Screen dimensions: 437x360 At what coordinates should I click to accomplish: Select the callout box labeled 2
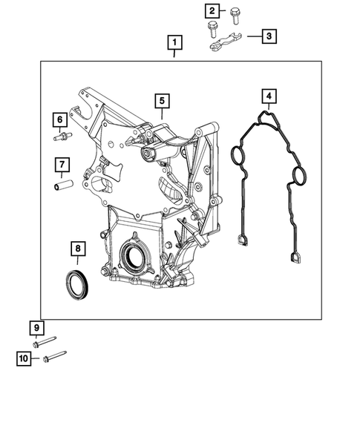[213, 10]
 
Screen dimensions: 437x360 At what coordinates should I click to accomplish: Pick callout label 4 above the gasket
[268, 96]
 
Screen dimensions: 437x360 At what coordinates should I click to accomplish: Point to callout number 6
[58, 119]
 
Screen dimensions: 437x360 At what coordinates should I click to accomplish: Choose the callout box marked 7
[62, 164]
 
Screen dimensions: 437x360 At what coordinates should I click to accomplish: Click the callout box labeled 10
[24, 359]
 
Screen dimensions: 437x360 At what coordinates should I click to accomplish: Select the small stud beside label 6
[62, 137]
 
